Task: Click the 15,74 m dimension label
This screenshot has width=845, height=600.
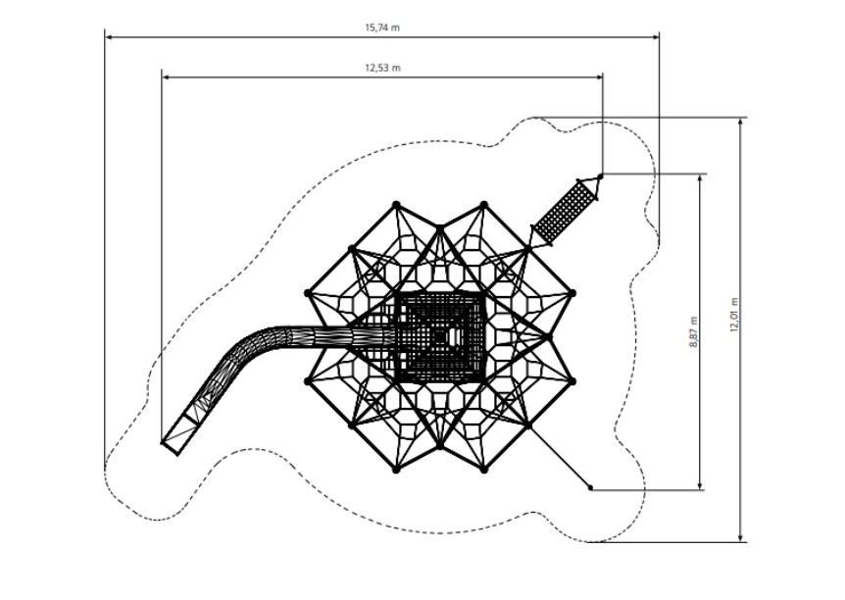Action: [x=382, y=27]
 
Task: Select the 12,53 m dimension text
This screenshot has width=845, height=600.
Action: [x=382, y=68]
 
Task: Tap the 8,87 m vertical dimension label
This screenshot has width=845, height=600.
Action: [x=694, y=332]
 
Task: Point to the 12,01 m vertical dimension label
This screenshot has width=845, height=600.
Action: [x=734, y=315]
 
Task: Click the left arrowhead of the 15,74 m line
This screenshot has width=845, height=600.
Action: [x=109, y=37]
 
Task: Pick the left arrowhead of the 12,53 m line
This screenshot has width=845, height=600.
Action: [x=166, y=77]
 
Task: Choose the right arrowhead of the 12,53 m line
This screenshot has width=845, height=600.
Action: [x=599, y=77]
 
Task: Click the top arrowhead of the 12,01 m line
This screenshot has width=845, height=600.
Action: [x=741, y=122]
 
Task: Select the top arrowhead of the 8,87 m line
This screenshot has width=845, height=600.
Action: [x=700, y=178]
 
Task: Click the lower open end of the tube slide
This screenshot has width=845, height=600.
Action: [x=171, y=448]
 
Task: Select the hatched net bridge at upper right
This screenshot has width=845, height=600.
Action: [x=565, y=213]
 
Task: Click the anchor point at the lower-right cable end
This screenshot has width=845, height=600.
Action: [x=591, y=488]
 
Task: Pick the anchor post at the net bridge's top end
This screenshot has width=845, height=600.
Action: [x=600, y=176]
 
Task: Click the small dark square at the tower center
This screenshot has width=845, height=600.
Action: [x=440, y=337]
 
